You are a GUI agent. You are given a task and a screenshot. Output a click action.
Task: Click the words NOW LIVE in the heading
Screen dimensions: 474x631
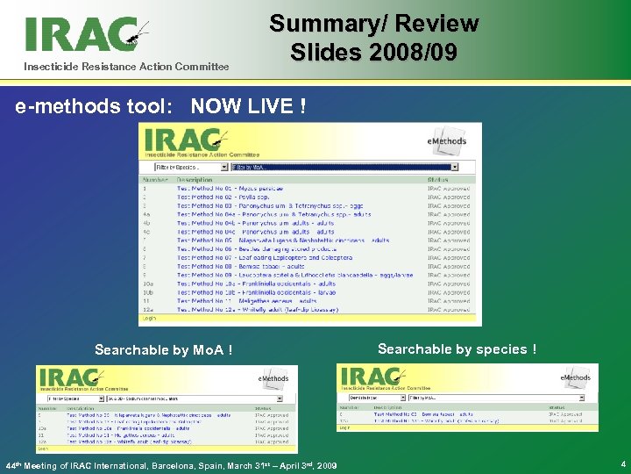click(249, 107)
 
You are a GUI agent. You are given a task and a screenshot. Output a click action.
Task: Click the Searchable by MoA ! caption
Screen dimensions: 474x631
click(164, 351)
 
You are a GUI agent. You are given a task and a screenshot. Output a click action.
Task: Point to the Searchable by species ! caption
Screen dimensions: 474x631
click(457, 349)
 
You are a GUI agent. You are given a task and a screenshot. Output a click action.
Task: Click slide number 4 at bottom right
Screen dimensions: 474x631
click(621, 463)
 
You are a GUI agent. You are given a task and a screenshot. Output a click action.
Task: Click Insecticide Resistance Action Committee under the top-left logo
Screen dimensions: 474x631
click(126, 67)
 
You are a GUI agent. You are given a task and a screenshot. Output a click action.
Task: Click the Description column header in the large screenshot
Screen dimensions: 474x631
click(194, 179)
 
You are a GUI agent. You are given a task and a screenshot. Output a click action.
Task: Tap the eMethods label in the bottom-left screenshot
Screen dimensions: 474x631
click(273, 378)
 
